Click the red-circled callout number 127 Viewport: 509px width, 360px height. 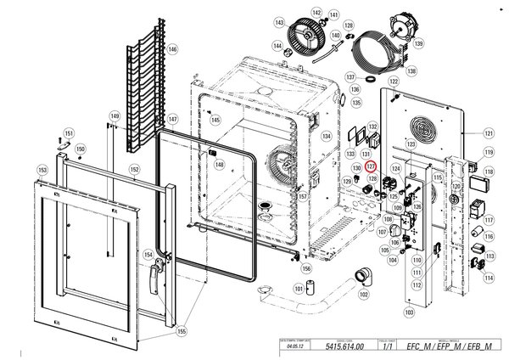[x=371, y=167]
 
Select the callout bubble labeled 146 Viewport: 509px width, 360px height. [x=173, y=50]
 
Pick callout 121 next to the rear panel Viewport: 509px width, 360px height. [x=488, y=133]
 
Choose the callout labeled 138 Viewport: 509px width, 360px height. [x=411, y=71]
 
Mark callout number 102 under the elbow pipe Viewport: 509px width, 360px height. [x=364, y=295]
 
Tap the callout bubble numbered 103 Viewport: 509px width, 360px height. [x=409, y=312]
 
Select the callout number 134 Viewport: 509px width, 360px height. [x=324, y=135]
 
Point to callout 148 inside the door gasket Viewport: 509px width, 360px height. [x=219, y=165]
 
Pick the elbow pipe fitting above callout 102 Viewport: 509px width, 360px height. [x=362, y=276]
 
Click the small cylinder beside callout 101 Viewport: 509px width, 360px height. [x=310, y=284]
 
